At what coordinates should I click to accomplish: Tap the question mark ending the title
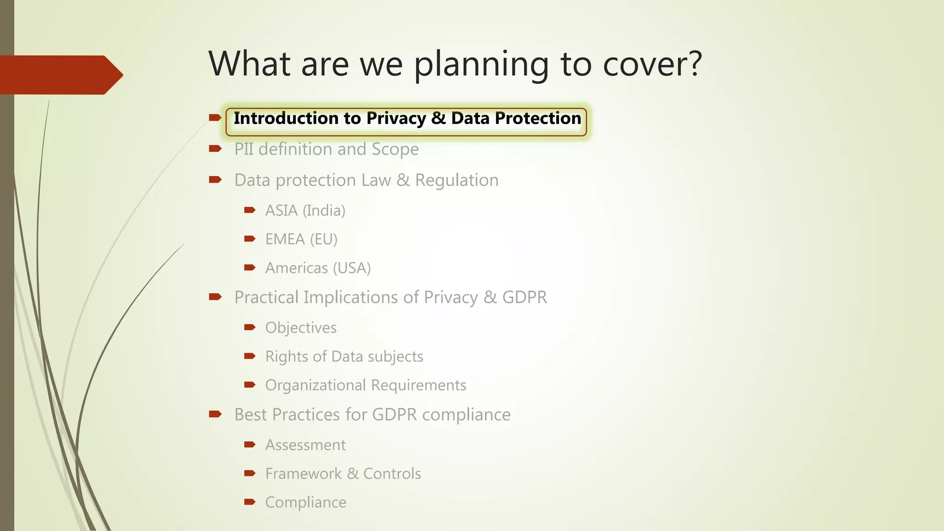[x=693, y=64]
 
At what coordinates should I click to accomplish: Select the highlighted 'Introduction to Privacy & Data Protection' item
[x=407, y=119]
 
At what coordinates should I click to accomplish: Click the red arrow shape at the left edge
[x=60, y=75]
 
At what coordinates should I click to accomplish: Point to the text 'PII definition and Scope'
[x=326, y=149]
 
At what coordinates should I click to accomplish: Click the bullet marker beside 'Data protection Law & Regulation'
[x=215, y=180]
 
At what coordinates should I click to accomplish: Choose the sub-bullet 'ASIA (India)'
[x=305, y=211]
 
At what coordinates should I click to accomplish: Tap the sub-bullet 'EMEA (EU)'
[x=301, y=239]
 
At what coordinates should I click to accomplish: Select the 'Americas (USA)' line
[x=318, y=268]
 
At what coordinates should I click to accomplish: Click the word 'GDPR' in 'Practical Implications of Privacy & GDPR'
[x=525, y=297]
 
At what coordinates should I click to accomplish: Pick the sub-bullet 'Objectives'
[x=301, y=328]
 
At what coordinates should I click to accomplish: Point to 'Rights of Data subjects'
[x=344, y=356]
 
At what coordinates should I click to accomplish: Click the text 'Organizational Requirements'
[x=366, y=385]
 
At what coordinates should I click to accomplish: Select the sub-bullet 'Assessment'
[x=305, y=445]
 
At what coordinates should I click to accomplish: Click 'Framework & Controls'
[x=343, y=474]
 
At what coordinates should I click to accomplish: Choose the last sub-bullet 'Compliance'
[x=306, y=502]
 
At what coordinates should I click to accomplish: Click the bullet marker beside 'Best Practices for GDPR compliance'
[x=215, y=414]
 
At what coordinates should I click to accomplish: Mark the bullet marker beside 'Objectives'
[x=250, y=327]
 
